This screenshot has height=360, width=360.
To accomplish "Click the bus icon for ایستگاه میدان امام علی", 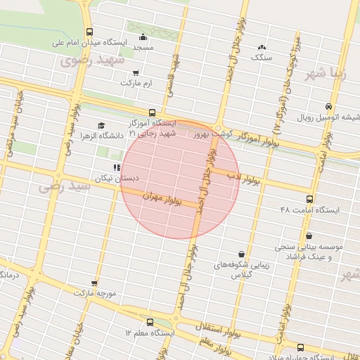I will coord(89,32).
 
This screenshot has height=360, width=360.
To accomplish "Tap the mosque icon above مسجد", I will coord(143,37).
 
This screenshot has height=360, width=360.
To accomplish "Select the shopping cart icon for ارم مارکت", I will coord(136,72).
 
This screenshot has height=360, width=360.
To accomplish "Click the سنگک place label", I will coord(262,57).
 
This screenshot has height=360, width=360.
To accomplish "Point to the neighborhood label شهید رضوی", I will coord(101,61).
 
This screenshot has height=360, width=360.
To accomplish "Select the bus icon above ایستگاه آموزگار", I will coord(152,112).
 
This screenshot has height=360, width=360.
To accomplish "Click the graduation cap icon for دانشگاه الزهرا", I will coord(103,126).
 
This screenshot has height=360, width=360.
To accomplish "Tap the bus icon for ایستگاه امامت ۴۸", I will coord(310,199).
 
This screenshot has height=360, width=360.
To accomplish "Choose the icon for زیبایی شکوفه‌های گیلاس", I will coord(242,254).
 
